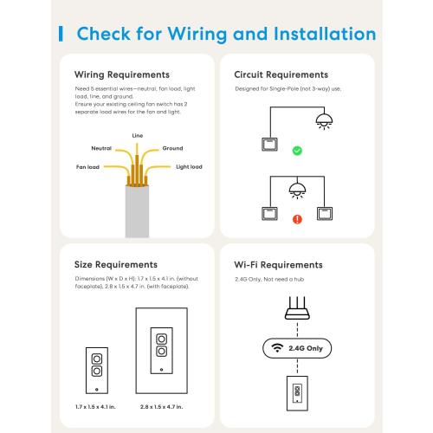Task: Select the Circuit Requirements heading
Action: pyautogui.click(x=281, y=75)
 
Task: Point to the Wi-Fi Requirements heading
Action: pyautogui.click(x=279, y=265)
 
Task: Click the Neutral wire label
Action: pyautogui.click(x=101, y=148)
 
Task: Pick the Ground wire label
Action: pyautogui.click(x=172, y=148)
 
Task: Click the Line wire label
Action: pyautogui.click(x=137, y=135)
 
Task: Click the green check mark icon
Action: pyautogui.click(x=297, y=151)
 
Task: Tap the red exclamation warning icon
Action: pyautogui.click(x=297, y=219)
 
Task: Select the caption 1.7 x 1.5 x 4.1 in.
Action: pyautogui.click(x=95, y=405)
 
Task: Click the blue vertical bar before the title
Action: pyautogui.click(x=60, y=35)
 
